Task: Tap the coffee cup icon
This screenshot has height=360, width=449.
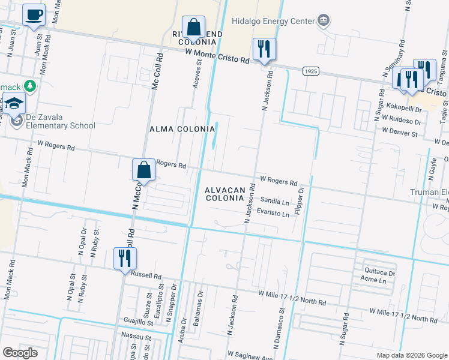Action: (34, 14)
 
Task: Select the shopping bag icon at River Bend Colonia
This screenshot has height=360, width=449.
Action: (194, 28)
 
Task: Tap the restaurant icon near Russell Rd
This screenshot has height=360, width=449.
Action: (125, 259)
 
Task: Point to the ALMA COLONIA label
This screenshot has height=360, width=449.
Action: (182, 129)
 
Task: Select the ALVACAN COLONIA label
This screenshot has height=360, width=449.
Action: (225, 194)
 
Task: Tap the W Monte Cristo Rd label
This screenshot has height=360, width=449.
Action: (217, 56)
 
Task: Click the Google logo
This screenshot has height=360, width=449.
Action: (20, 353)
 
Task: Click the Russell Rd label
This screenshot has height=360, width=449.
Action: (148, 277)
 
